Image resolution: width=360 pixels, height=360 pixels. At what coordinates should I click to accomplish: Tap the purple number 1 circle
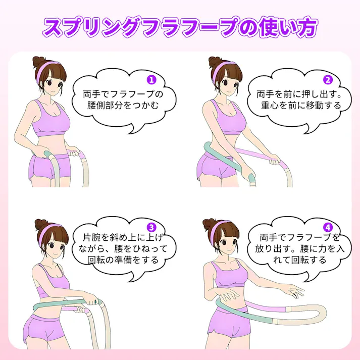click(x=151, y=80)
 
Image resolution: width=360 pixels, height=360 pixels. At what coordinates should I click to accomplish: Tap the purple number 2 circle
click(x=328, y=79)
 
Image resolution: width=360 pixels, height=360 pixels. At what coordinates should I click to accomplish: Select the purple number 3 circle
click(x=150, y=227)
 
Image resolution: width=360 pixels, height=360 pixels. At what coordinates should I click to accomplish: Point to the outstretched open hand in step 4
click(x=292, y=292)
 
